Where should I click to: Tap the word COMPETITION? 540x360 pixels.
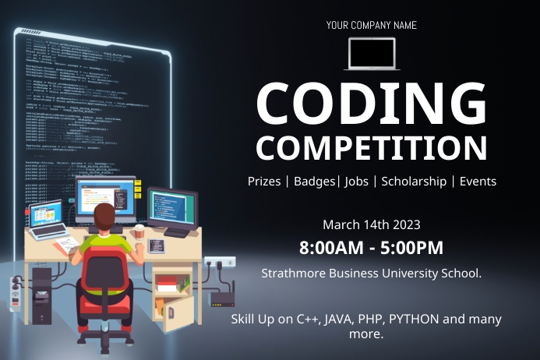[371, 147]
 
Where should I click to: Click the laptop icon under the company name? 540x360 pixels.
[371, 54]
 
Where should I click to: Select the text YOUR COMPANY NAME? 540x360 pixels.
[371, 25]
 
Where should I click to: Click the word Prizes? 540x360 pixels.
[264, 181]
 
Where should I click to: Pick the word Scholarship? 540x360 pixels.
[414, 181]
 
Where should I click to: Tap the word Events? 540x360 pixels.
[478, 181]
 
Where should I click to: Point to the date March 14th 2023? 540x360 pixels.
[371, 224]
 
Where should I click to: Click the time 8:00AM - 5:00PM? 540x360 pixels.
[371, 249]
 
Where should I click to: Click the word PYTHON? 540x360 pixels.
[415, 319]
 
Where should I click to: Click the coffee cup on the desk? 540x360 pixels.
[139, 231]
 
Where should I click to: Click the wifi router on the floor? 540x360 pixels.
[223, 300]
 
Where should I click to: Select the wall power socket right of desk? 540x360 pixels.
[219, 262]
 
